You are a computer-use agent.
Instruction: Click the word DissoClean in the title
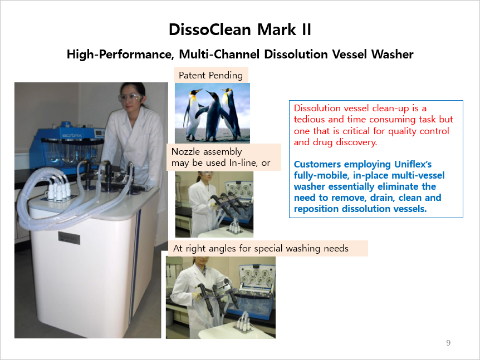click(x=210, y=29)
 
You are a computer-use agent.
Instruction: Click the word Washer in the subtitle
click(x=392, y=54)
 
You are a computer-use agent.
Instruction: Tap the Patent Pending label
click(x=211, y=75)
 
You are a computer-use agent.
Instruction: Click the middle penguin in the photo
click(x=214, y=115)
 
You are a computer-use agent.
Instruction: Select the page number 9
click(x=448, y=343)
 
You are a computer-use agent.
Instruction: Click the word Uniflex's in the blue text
click(x=413, y=164)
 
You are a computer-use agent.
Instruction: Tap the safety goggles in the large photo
click(x=131, y=98)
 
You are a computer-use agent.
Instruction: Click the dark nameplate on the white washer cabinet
click(x=69, y=238)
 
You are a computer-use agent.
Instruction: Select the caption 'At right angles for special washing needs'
click(x=261, y=248)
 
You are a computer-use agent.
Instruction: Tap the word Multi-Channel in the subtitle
click(x=219, y=54)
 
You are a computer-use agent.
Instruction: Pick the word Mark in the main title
click(x=277, y=29)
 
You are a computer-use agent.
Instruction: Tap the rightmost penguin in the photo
click(x=230, y=113)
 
